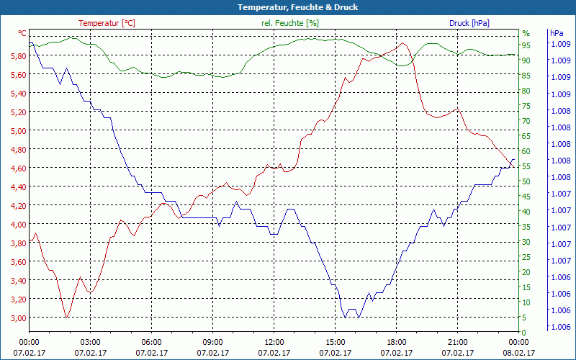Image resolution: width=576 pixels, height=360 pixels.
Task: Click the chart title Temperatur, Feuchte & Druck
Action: click(x=288, y=7)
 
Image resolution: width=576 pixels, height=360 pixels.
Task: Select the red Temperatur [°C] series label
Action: click(x=107, y=23)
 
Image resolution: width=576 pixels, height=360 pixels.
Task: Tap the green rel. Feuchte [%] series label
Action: click(x=289, y=23)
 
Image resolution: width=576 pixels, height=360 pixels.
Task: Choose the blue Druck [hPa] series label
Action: click(x=469, y=23)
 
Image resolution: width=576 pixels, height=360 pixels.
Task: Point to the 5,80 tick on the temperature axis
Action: click(x=17, y=55)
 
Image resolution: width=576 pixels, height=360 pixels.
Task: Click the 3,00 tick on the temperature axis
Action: click(x=17, y=318)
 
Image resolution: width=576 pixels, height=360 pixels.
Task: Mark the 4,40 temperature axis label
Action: click(x=17, y=186)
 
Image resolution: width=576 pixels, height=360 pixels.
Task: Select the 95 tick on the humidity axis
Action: click(x=526, y=45)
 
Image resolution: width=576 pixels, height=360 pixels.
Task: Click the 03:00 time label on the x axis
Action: click(x=90, y=342)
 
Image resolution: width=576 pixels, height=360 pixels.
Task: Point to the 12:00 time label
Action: click(x=274, y=342)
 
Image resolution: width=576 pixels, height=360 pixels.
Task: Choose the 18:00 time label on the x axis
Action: click(x=396, y=342)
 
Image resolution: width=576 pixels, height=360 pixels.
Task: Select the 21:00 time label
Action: click(x=457, y=342)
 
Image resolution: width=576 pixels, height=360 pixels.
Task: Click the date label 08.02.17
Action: click(x=518, y=353)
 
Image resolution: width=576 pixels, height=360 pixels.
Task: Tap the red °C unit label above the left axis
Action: click(x=22, y=33)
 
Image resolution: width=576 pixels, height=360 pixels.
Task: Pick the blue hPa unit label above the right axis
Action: click(x=557, y=33)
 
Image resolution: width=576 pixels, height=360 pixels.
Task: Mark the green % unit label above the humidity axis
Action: click(x=526, y=33)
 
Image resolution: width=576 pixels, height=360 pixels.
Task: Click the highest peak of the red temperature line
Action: click(x=403, y=42)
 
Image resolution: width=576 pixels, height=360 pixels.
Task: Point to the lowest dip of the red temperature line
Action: click(x=66, y=317)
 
